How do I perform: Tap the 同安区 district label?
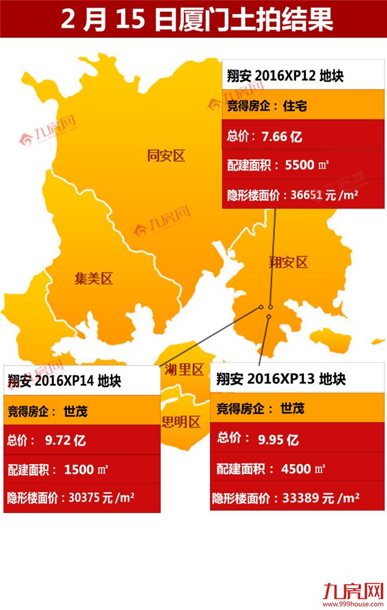[x=166, y=156]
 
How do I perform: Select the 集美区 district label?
[x=93, y=279]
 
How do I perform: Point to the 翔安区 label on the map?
[x=288, y=262]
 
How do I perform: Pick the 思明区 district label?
[x=181, y=423]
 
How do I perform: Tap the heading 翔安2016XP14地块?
[x=64, y=380]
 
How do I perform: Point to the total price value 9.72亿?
[x=65, y=440]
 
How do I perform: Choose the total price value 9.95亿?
[x=279, y=439]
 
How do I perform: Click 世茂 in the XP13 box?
[x=292, y=408]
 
